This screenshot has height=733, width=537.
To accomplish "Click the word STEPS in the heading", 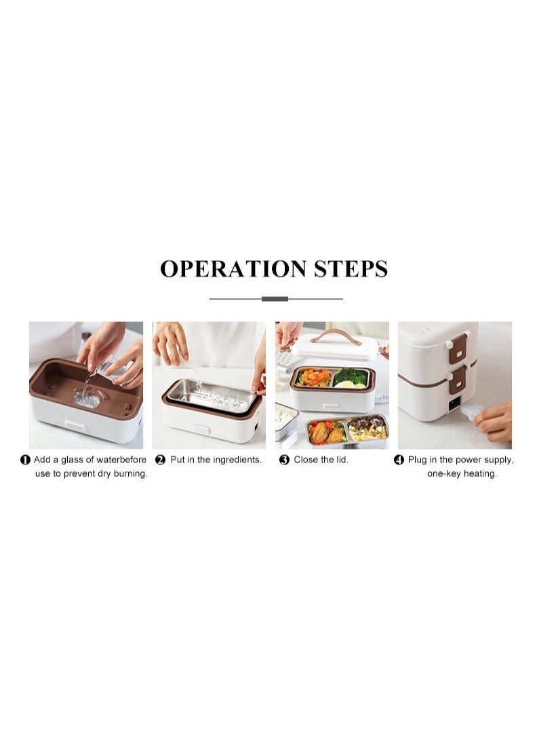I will click(351, 269).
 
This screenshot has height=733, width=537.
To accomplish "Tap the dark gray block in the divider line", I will click(275, 298).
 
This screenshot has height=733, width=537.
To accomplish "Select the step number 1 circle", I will click(25, 460).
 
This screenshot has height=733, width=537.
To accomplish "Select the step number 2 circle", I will click(161, 460).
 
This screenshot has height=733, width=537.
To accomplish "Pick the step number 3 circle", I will click(284, 460).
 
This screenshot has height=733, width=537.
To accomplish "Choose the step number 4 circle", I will click(399, 460).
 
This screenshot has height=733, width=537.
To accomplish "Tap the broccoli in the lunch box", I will click(351, 376).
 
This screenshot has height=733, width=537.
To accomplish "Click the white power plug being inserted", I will click(472, 410).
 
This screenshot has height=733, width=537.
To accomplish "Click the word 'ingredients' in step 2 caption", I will click(237, 460).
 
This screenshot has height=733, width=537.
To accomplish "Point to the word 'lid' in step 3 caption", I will click(341, 460).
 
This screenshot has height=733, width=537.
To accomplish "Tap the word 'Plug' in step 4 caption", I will click(417, 460).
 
